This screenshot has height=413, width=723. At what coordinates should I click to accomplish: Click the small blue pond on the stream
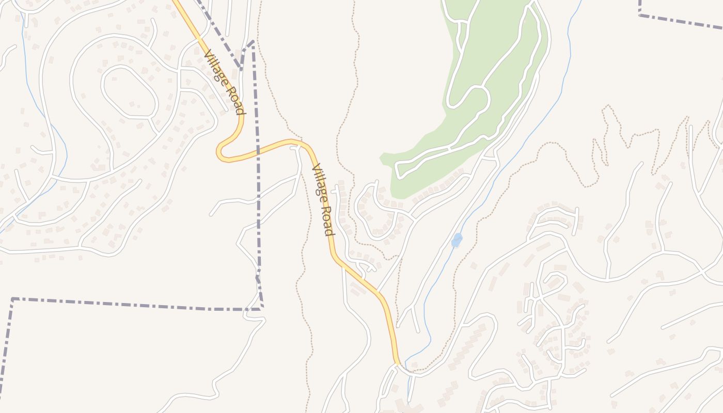point(457,240)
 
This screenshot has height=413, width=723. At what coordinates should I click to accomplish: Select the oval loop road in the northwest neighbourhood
point(129,93)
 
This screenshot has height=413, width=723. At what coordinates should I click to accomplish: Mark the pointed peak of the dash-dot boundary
point(253,42)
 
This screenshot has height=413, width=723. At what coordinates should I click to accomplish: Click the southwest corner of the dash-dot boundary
point(12,299)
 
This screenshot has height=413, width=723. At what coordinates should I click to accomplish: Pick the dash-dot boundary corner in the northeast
point(640,14)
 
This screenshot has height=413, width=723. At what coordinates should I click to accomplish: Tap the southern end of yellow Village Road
point(397,363)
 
